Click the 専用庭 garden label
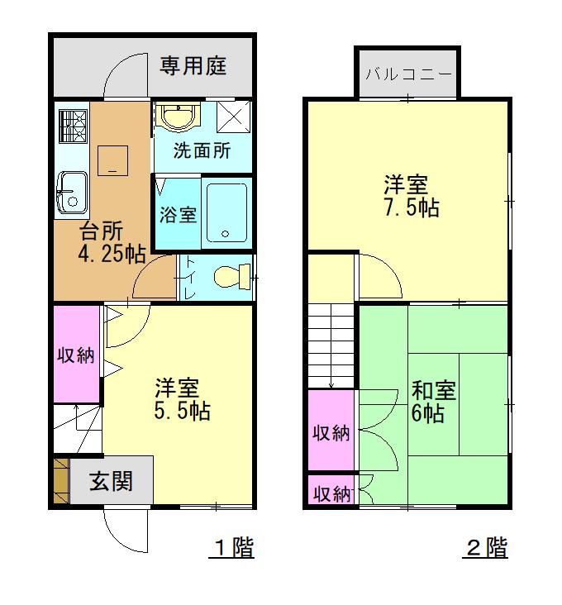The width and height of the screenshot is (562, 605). pyautogui.click(x=193, y=65)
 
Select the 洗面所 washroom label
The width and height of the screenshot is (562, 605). pyautogui.click(x=202, y=152)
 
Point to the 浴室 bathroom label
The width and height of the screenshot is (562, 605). pyautogui.click(x=178, y=215)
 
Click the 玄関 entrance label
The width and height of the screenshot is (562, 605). pyautogui.click(x=111, y=481)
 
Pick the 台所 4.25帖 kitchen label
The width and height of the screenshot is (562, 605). pyautogui.click(x=111, y=242)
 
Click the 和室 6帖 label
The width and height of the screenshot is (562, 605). pyautogui.click(x=432, y=401)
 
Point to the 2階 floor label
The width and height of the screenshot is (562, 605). pyautogui.click(x=487, y=547)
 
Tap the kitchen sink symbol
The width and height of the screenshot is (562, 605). pyautogui.click(x=72, y=191)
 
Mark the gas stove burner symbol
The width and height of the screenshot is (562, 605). pyautogui.click(x=72, y=126)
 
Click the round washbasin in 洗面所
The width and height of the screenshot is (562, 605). pyautogui.click(x=176, y=117)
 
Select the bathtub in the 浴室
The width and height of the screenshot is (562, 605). pyautogui.click(x=226, y=212)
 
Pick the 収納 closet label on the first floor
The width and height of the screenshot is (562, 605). pyautogui.click(x=75, y=356)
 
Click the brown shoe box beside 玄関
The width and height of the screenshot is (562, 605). pyautogui.click(x=60, y=480)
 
